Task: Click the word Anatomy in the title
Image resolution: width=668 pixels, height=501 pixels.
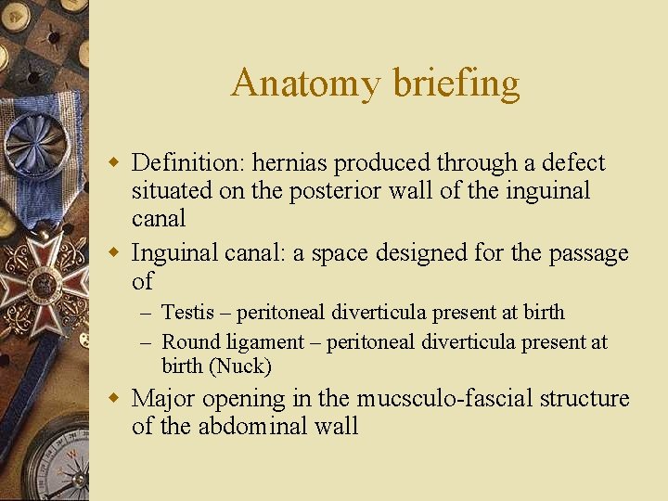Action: (x=306, y=83)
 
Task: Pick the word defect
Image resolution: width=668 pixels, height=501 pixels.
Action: (x=575, y=163)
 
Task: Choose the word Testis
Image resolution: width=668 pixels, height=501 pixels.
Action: (x=187, y=313)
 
